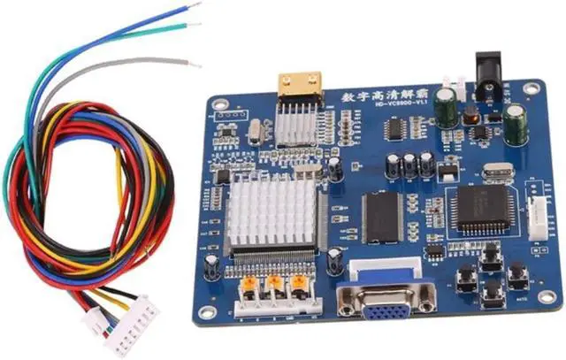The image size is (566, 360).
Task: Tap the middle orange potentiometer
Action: (x=274, y=286)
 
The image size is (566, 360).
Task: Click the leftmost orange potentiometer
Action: (x=249, y=285)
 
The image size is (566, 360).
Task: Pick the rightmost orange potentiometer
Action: (x=300, y=285)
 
